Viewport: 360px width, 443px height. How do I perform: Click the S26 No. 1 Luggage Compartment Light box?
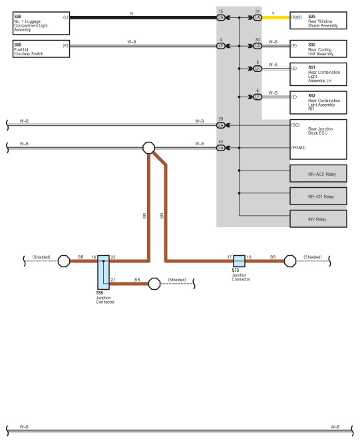[41, 23]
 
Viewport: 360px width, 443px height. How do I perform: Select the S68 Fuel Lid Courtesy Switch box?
[41, 49]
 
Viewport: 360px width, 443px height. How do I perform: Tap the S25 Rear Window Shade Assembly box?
[318, 21]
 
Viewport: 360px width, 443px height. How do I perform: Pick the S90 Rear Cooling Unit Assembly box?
[318, 49]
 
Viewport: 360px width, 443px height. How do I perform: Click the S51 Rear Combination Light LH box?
[318, 75]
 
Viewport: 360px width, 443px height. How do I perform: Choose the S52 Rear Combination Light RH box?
[318, 103]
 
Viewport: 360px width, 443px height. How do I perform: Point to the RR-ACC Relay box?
[318, 173]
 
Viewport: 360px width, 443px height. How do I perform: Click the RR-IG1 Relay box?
[318, 196]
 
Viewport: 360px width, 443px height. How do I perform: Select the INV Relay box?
[318, 219]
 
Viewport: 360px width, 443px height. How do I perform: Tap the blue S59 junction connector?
[103, 272]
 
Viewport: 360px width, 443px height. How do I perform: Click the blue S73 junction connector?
[240, 261]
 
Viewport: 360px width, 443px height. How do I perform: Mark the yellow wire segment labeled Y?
[276, 17]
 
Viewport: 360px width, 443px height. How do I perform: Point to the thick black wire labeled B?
[143, 17]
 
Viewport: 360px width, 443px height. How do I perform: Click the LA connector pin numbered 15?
[221, 17]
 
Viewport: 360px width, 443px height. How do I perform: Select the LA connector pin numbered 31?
[258, 17]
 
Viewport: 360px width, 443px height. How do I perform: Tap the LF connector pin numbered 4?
[221, 46]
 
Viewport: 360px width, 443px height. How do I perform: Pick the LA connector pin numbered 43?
[221, 148]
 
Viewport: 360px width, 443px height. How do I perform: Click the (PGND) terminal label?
[299, 147]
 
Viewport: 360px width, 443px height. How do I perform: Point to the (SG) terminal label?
[295, 125]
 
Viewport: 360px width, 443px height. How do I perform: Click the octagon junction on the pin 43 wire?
[148, 148]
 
